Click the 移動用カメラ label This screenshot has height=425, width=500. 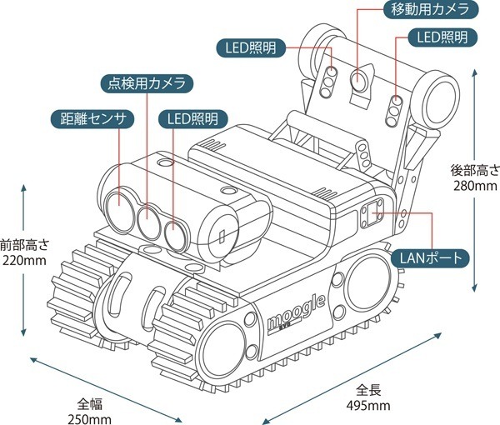point(429,11)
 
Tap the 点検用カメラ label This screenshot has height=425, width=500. point(147,82)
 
